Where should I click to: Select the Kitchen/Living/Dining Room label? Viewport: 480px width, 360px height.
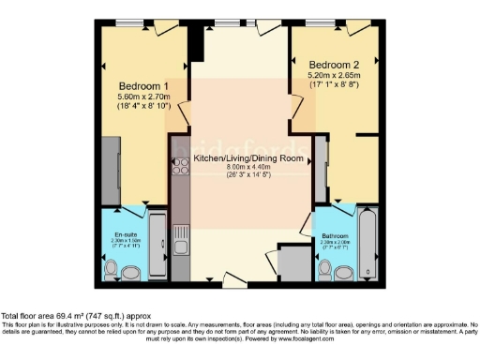248,158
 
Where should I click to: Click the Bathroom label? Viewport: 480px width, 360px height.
336,234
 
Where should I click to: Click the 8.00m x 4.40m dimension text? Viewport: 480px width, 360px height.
248,170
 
